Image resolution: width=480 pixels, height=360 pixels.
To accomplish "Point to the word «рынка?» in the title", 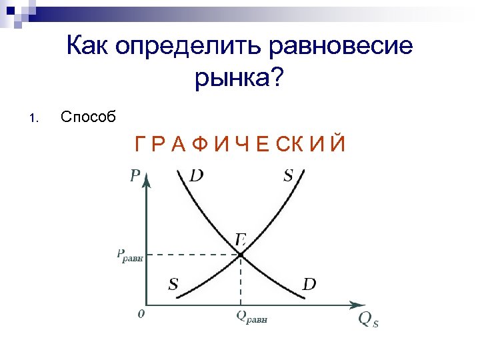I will tap(239, 80).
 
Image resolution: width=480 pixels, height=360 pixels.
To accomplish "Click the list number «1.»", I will tap(34, 119).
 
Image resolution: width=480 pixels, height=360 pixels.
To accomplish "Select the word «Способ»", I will tap(88, 117).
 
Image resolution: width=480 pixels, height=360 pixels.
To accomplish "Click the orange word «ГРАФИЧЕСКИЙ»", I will tap(240, 143).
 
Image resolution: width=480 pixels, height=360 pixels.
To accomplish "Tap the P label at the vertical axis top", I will tap(135, 176).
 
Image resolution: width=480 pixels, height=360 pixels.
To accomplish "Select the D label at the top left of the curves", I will tap(197, 176).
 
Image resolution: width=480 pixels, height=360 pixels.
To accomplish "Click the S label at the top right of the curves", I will tap(288, 176).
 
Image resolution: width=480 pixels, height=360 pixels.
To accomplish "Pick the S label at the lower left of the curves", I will tap(173, 285).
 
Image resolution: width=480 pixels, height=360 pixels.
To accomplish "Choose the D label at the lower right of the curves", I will tap(309, 285).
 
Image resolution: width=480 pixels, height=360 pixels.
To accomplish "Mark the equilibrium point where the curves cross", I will tap(240, 255).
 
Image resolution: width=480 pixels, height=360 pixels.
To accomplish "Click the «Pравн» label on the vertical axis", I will tap(129, 255).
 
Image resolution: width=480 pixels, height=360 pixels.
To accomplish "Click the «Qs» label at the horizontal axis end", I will tap(368, 320).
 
